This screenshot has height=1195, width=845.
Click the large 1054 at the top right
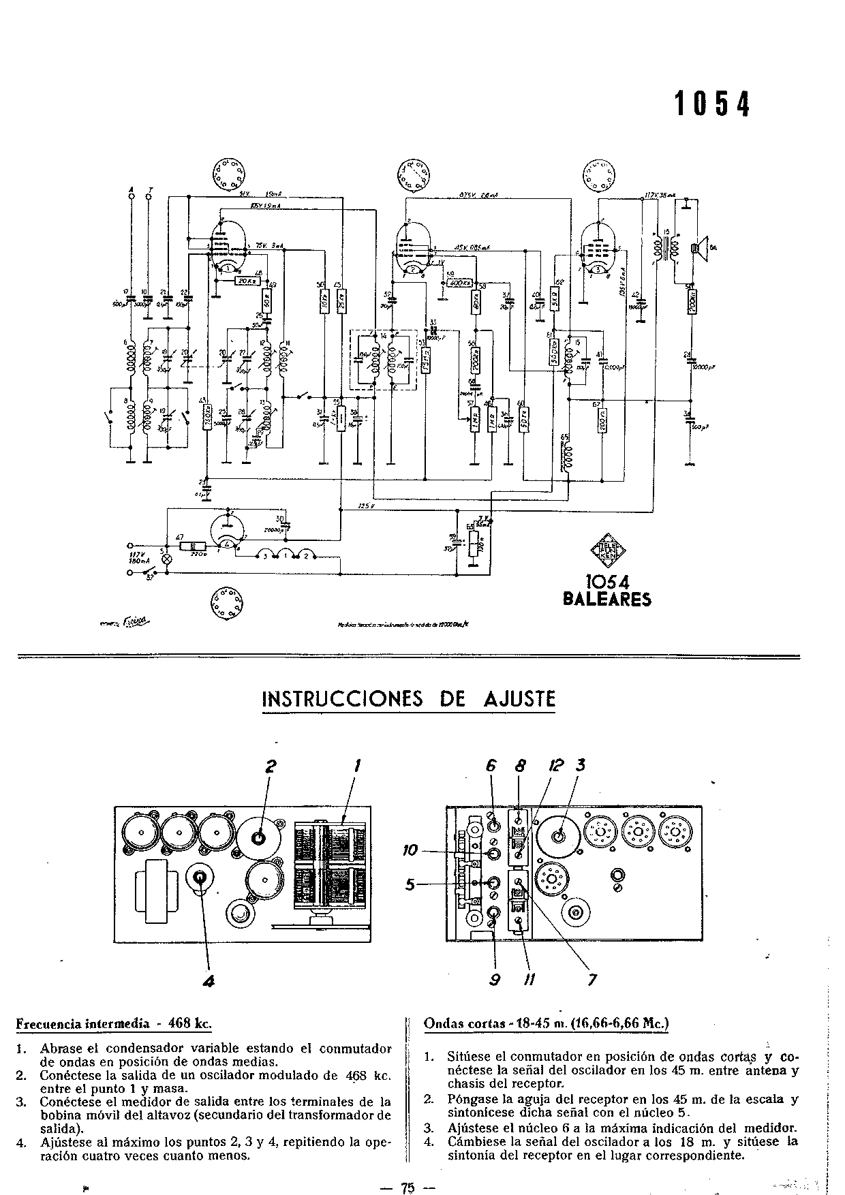(711, 104)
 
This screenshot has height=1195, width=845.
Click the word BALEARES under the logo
(606, 600)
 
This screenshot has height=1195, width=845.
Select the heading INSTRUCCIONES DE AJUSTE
(409, 699)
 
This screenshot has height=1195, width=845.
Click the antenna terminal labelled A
(132, 196)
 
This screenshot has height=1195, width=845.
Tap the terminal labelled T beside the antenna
(151, 196)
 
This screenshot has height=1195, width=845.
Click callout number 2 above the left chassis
(271, 766)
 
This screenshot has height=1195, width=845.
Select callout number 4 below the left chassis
(209, 980)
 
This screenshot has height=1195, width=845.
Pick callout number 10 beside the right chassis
(410, 851)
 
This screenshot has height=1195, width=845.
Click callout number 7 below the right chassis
(591, 980)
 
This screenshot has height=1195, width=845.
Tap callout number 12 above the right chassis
(555, 766)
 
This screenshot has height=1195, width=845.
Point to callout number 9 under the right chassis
(495, 980)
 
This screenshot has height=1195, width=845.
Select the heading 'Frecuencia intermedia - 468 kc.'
(113, 1023)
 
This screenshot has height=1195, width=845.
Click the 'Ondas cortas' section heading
(546, 1023)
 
